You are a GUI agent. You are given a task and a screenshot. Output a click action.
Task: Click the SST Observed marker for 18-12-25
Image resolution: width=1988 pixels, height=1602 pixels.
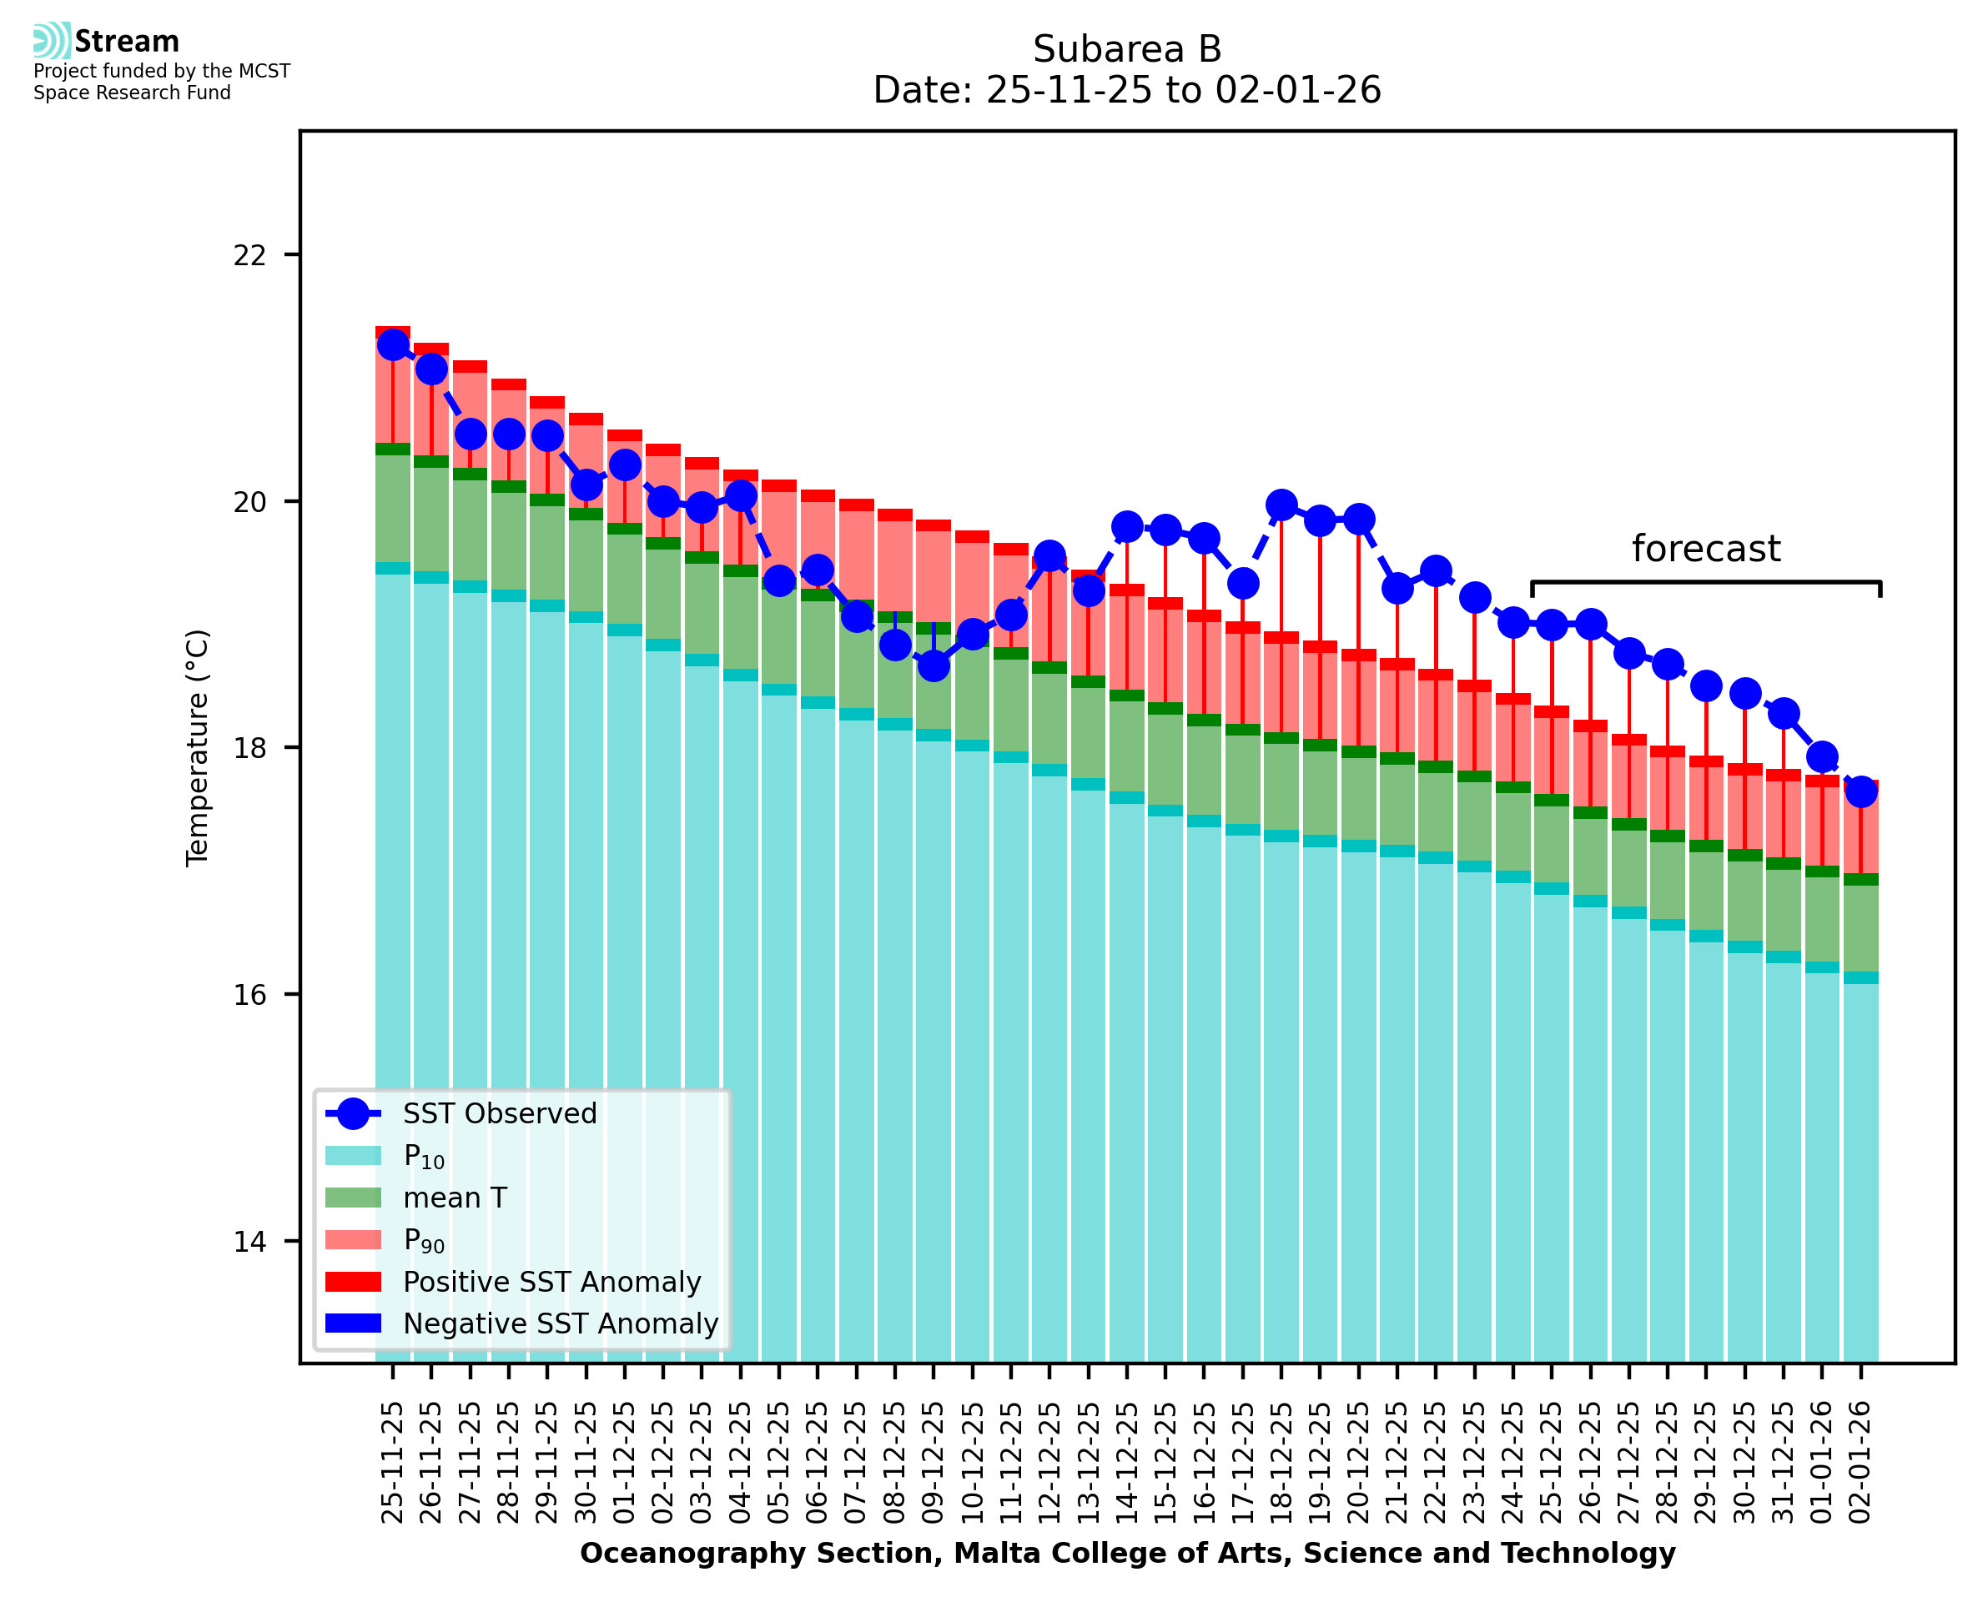tap(1281, 505)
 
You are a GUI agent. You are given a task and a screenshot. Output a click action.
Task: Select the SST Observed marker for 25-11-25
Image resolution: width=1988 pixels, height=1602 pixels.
tap(393, 345)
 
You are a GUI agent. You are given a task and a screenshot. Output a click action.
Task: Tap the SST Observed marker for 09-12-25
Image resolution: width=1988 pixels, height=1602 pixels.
tap(933, 665)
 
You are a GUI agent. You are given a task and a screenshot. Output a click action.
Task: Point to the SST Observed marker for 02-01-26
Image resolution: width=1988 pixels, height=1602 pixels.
tap(1860, 791)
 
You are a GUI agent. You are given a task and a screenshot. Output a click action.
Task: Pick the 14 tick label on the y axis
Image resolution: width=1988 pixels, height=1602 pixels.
tap(249, 1242)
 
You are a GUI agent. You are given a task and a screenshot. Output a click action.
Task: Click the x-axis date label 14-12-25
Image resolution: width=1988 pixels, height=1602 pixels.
tap(1127, 1463)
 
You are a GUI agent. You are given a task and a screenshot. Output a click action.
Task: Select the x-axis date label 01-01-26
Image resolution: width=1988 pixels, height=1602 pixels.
tap(1822, 1463)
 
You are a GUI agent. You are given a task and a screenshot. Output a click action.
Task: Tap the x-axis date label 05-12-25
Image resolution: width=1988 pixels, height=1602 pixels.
tap(779, 1463)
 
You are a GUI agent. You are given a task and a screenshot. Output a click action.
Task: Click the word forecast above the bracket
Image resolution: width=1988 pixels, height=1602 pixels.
tap(1705, 549)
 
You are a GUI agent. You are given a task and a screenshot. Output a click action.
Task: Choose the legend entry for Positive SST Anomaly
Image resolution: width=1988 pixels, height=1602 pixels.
tap(551, 1282)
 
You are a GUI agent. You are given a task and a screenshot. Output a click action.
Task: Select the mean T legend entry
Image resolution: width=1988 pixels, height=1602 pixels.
tap(454, 1198)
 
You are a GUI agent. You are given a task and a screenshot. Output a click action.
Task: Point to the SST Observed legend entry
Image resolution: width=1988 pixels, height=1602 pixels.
tap(500, 1114)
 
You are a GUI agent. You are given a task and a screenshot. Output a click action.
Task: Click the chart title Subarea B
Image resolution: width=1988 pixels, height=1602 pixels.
tap(1127, 49)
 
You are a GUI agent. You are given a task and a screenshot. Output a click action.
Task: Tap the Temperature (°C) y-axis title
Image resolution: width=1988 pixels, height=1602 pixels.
tap(198, 748)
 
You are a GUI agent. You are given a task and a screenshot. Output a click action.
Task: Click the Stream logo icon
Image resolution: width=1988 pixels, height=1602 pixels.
tap(52, 41)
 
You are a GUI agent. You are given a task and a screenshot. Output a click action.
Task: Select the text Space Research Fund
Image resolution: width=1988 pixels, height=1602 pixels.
tap(132, 93)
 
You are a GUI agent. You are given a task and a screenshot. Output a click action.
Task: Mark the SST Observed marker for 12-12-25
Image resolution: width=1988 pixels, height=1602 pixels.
tap(1049, 556)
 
